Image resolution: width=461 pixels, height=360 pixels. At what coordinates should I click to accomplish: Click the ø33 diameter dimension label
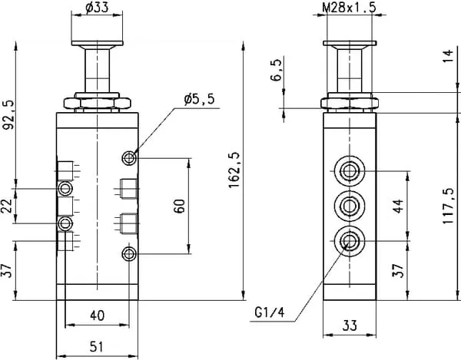click(x=97, y=8)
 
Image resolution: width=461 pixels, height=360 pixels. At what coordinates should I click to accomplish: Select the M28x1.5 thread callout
click(x=349, y=8)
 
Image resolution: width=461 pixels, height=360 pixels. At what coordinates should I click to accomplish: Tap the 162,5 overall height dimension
click(x=234, y=170)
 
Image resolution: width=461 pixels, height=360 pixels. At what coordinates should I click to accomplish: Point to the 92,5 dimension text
click(x=8, y=115)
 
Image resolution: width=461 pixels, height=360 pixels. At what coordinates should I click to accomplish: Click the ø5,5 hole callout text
click(x=199, y=100)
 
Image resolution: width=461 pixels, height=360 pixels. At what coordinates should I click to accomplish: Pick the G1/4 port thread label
click(x=270, y=312)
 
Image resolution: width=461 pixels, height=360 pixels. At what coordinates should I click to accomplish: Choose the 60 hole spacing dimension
click(x=179, y=206)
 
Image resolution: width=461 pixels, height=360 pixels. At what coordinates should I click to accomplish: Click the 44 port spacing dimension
click(x=398, y=206)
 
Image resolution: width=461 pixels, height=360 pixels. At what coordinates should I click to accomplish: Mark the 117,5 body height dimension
click(x=449, y=206)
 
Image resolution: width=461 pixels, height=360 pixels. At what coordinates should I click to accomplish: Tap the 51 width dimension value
click(x=97, y=347)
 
